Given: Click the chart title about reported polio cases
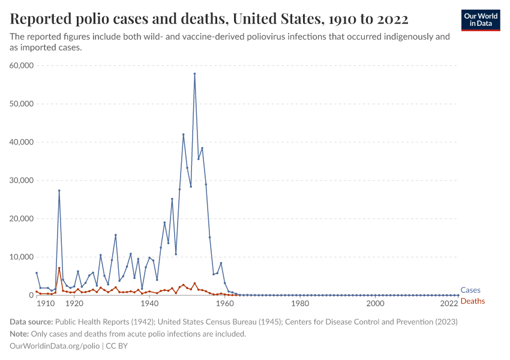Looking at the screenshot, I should tap(209, 19).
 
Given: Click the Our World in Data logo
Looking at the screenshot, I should tap(480, 20).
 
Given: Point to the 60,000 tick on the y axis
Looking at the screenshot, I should tap(22, 65).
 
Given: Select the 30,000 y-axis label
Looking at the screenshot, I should tap(22, 181).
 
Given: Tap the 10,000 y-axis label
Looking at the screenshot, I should tap(22, 257).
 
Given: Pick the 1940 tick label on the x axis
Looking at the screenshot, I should tap(149, 304).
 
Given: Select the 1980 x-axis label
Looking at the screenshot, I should tap(300, 304).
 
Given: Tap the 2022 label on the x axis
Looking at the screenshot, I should tap(449, 304).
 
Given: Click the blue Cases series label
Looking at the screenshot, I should tap(470, 290).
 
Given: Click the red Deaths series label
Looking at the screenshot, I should tap(472, 301).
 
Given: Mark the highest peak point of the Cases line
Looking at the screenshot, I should tap(194, 74).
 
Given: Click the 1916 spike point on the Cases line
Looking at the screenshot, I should tap(59, 190).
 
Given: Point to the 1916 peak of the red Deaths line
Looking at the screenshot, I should tap(59, 268).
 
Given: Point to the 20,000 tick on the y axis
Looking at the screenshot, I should tap(22, 218).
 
